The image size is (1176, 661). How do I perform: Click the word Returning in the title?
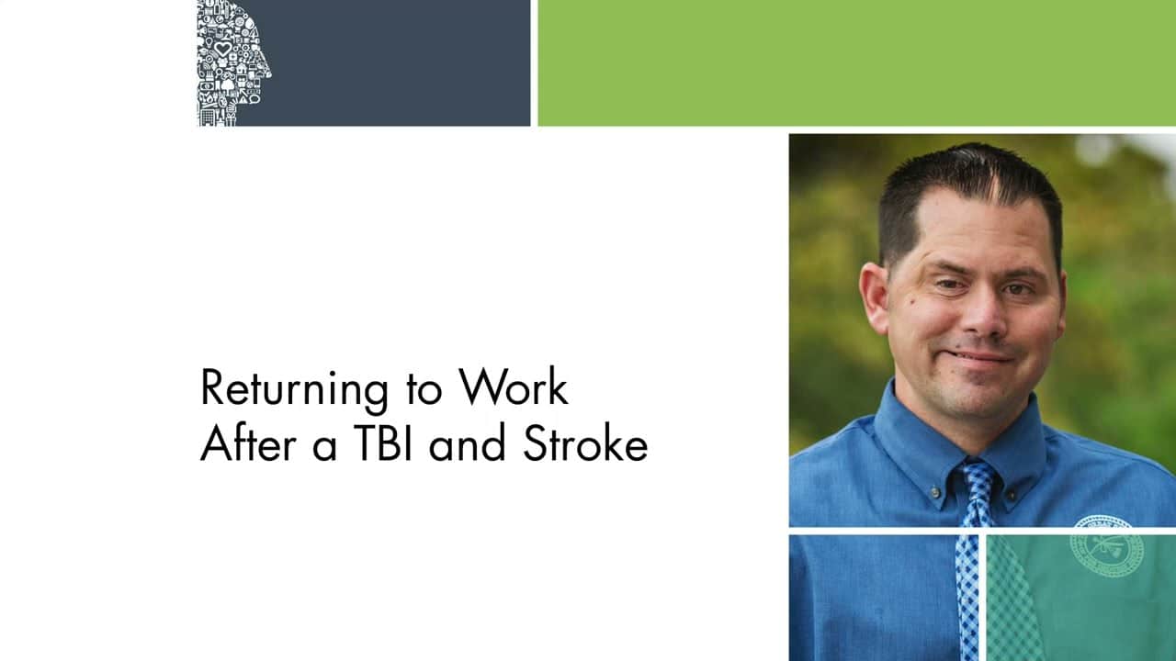click(294, 389)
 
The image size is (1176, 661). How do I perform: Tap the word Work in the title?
click(514, 387)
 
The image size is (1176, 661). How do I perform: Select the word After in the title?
click(248, 443)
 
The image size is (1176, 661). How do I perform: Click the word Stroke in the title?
click(585, 443)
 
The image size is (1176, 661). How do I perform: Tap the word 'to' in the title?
click(424, 391)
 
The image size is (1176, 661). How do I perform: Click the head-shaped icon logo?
click(233, 63)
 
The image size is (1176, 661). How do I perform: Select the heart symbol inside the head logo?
click(223, 49)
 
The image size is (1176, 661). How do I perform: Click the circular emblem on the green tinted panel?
click(1107, 556)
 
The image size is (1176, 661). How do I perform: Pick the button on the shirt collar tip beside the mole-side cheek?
click(935, 492)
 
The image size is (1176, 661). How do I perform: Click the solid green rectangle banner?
click(857, 63)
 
